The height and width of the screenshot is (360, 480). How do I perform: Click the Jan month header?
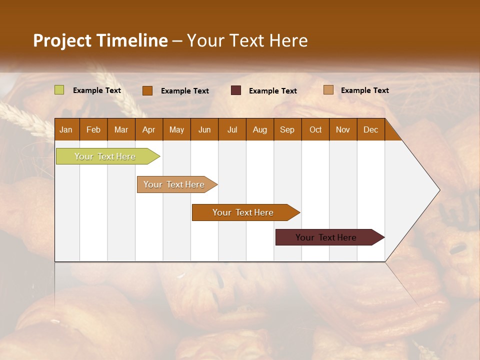pos(66,129)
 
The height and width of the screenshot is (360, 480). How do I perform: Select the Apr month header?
pos(149,129)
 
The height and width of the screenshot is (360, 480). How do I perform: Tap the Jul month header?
pos(232,129)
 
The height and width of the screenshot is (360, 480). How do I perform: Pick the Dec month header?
pos(370,129)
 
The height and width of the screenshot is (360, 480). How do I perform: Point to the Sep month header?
pos(287,129)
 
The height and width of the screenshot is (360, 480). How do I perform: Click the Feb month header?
pos(93,129)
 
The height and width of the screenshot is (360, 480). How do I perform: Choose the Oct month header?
pos(315,129)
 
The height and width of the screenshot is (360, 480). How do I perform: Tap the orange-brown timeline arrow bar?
pos(243,212)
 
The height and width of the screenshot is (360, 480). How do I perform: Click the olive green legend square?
pos(59,90)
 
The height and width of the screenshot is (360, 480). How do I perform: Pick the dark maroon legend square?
pos(236,90)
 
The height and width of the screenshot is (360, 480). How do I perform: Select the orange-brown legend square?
pos(147,90)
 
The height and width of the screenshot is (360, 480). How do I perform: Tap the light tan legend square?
pos(328,90)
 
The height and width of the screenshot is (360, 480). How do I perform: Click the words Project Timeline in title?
pos(100,40)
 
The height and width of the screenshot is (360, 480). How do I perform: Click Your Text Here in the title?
pos(247,40)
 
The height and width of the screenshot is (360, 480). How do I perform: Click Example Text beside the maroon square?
pos(272,91)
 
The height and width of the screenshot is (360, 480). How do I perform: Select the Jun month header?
pos(204,129)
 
